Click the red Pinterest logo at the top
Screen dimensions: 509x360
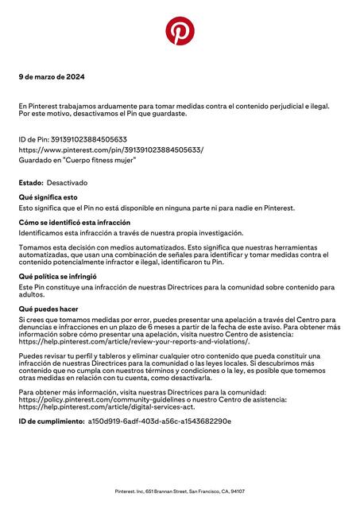click(180, 31)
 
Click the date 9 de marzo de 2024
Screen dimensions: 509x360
click(52, 77)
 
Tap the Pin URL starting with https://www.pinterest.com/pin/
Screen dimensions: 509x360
click(110, 150)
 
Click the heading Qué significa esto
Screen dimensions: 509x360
click(48, 197)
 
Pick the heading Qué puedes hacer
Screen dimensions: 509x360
click(48, 307)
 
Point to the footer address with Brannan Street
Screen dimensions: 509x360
click(180, 492)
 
